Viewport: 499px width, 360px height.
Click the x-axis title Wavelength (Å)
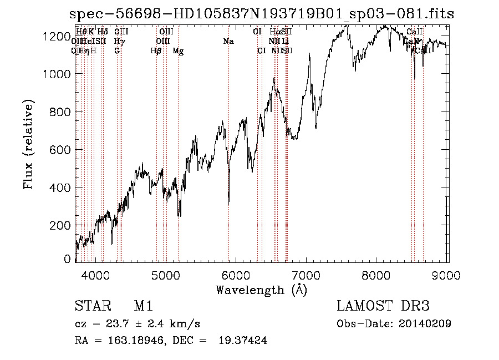261,290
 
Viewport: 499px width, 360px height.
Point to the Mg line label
178,51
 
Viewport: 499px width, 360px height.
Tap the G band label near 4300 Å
117,51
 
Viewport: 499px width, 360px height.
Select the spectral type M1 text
143,307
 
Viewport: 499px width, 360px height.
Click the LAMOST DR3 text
383,307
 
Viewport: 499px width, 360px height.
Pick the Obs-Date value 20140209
424,324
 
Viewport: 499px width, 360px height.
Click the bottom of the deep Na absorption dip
229,202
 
